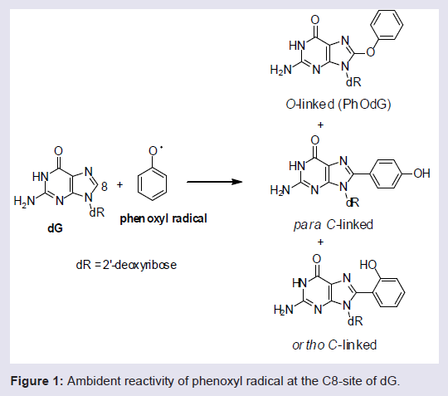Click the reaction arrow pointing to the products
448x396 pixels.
pos(215,182)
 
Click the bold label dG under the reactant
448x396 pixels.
pos(55,228)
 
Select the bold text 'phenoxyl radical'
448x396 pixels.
pos(163,218)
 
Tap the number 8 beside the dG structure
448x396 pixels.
pos(105,187)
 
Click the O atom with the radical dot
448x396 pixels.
pos(153,151)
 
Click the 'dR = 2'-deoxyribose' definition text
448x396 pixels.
pos(126,265)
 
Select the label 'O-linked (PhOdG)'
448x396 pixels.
pos(338,105)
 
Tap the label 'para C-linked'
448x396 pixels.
pos(334,225)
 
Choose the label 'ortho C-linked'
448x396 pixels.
pos(334,345)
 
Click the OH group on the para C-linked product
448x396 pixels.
pos(421,174)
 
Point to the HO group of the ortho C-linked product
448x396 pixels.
pos(368,265)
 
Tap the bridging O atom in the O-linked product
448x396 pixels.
pos(371,52)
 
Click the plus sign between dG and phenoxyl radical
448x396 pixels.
pos(120,184)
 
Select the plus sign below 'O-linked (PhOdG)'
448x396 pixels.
pos(320,125)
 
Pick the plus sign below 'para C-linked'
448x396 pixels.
pos(320,242)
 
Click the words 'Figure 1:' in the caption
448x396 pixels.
pos(37,381)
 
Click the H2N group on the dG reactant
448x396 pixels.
pos(24,201)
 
